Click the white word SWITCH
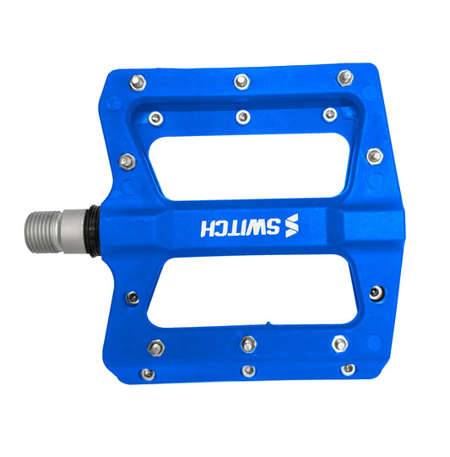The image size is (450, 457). [241, 227]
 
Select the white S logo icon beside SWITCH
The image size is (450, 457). [292, 227]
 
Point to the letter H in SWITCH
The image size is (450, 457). [208, 227]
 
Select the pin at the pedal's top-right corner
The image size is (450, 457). [344, 78]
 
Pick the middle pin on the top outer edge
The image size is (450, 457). [240, 81]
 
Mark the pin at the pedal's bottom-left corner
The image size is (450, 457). [148, 373]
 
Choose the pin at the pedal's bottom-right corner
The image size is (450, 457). [348, 369]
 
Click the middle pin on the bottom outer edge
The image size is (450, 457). [248, 370]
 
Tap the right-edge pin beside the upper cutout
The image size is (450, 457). [374, 155]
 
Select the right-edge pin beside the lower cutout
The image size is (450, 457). [375, 293]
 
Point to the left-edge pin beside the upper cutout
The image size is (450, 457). [127, 160]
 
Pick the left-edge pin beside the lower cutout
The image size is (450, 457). [133, 297]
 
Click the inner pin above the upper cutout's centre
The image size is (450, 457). [243, 117]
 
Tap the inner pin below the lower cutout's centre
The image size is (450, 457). [248, 344]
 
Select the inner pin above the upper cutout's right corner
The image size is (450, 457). [330, 114]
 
